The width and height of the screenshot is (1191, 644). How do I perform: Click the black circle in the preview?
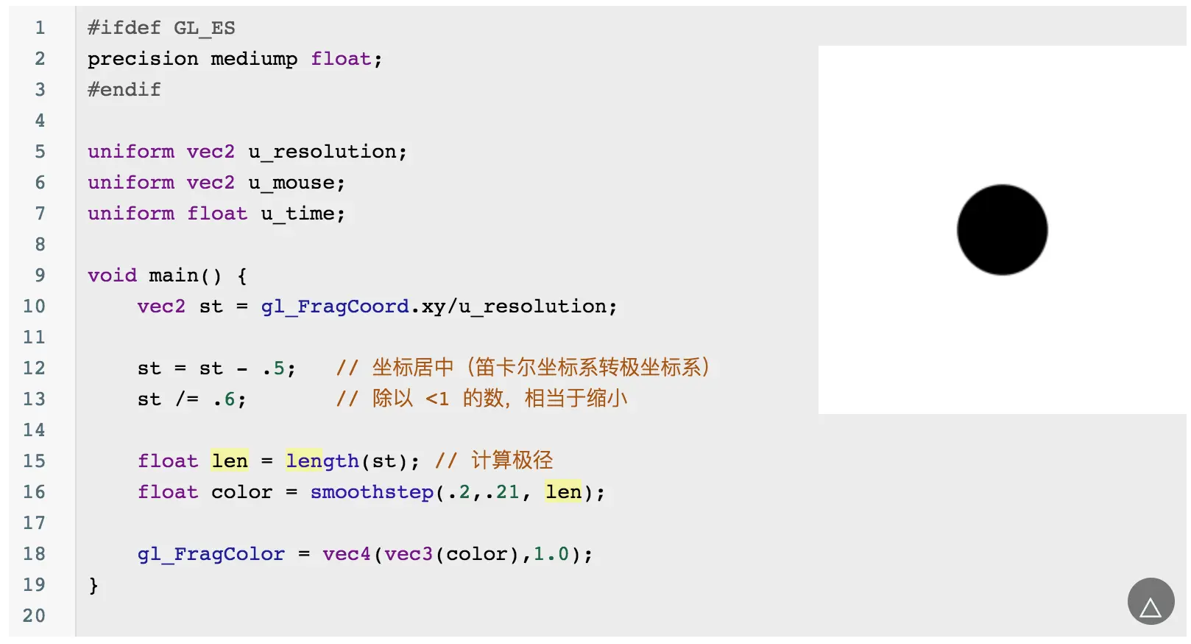click(x=1002, y=230)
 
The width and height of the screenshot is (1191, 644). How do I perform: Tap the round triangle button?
click(x=1150, y=601)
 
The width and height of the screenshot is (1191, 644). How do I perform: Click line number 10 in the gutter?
click(x=34, y=307)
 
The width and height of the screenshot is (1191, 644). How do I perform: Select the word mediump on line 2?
click(x=254, y=59)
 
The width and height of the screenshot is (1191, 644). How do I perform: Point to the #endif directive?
click(x=124, y=90)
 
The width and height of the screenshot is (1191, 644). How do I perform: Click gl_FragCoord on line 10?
click(x=335, y=307)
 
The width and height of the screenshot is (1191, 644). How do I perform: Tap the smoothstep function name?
click(x=372, y=492)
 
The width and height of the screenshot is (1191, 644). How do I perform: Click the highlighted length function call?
click(x=322, y=461)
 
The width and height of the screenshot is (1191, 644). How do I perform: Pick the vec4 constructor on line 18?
click(x=346, y=554)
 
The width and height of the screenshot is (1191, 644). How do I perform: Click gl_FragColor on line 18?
click(x=211, y=554)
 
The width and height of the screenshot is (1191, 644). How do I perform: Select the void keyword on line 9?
click(x=112, y=276)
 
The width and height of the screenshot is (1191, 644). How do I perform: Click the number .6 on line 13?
click(x=225, y=399)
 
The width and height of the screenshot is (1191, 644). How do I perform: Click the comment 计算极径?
click(x=512, y=461)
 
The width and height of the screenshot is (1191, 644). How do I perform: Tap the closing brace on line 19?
click(x=93, y=586)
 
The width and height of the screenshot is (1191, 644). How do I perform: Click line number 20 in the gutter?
click(x=34, y=616)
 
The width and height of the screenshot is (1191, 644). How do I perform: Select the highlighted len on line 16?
click(x=563, y=492)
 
